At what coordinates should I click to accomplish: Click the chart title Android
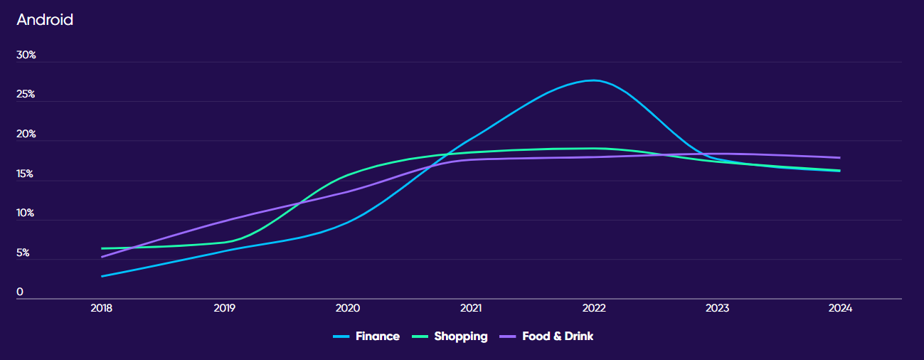[x=45, y=20]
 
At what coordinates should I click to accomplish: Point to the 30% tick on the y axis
[x=26, y=55]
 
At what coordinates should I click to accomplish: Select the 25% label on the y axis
[x=26, y=95]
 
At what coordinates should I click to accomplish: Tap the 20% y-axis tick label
[x=26, y=134]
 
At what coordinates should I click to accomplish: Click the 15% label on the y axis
[x=26, y=174]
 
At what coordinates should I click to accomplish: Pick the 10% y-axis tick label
[x=26, y=213]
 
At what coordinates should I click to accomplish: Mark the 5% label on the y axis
[x=23, y=253]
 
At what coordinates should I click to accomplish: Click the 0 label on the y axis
[x=20, y=292]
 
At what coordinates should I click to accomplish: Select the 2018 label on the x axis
[x=102, y=309]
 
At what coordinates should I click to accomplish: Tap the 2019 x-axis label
[x=225, y=309]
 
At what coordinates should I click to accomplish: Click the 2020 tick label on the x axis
[x=348, y=309]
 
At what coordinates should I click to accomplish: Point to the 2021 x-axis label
[x=471, y=309]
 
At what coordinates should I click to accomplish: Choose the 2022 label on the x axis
[x=594, y=309]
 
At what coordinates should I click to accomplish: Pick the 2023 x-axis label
[x=717, y=309]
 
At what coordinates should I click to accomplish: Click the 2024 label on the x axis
[x=840, y=309]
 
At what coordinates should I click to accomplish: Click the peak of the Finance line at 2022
[x=594, y=80]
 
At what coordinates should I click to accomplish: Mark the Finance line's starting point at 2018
[x=102, y=276]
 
